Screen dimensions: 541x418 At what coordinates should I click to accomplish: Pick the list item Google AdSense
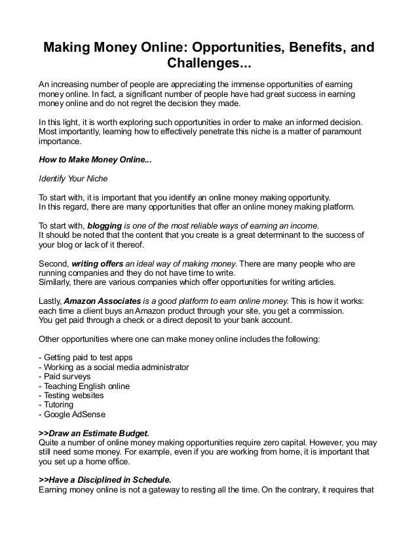[x=74, y=415]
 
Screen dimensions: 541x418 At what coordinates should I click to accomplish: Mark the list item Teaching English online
[x=86, y=386]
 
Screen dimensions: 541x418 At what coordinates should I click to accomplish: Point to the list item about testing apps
[x=87, y=358]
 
